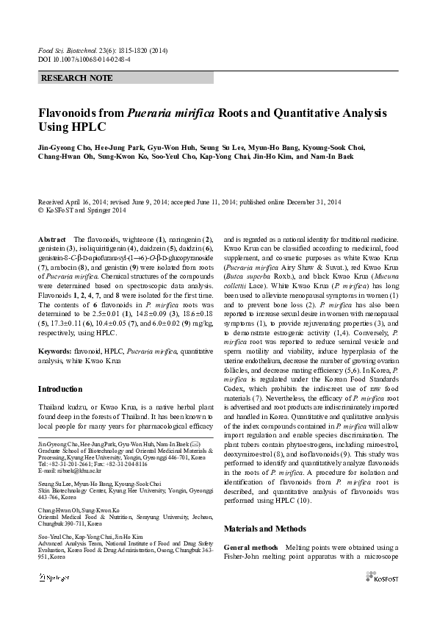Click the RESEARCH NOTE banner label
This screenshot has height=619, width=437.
[x=71, y=77]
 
